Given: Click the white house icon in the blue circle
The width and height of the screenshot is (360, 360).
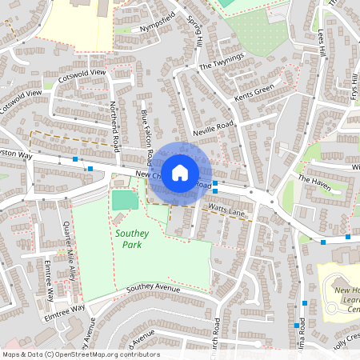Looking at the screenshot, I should [180, 172].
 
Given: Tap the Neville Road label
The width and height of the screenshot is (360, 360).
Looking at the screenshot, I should [213, 129].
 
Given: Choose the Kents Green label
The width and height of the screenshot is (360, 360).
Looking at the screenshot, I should [254, 93].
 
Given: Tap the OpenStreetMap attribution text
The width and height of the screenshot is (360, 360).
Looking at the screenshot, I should [80, 354].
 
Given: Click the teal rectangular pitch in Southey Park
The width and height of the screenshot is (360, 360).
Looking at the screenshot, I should [123, 200].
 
